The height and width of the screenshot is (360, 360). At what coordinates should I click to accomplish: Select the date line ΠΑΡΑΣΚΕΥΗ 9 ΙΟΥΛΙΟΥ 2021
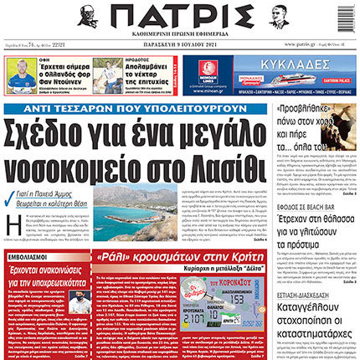click(x=180, y=44)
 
